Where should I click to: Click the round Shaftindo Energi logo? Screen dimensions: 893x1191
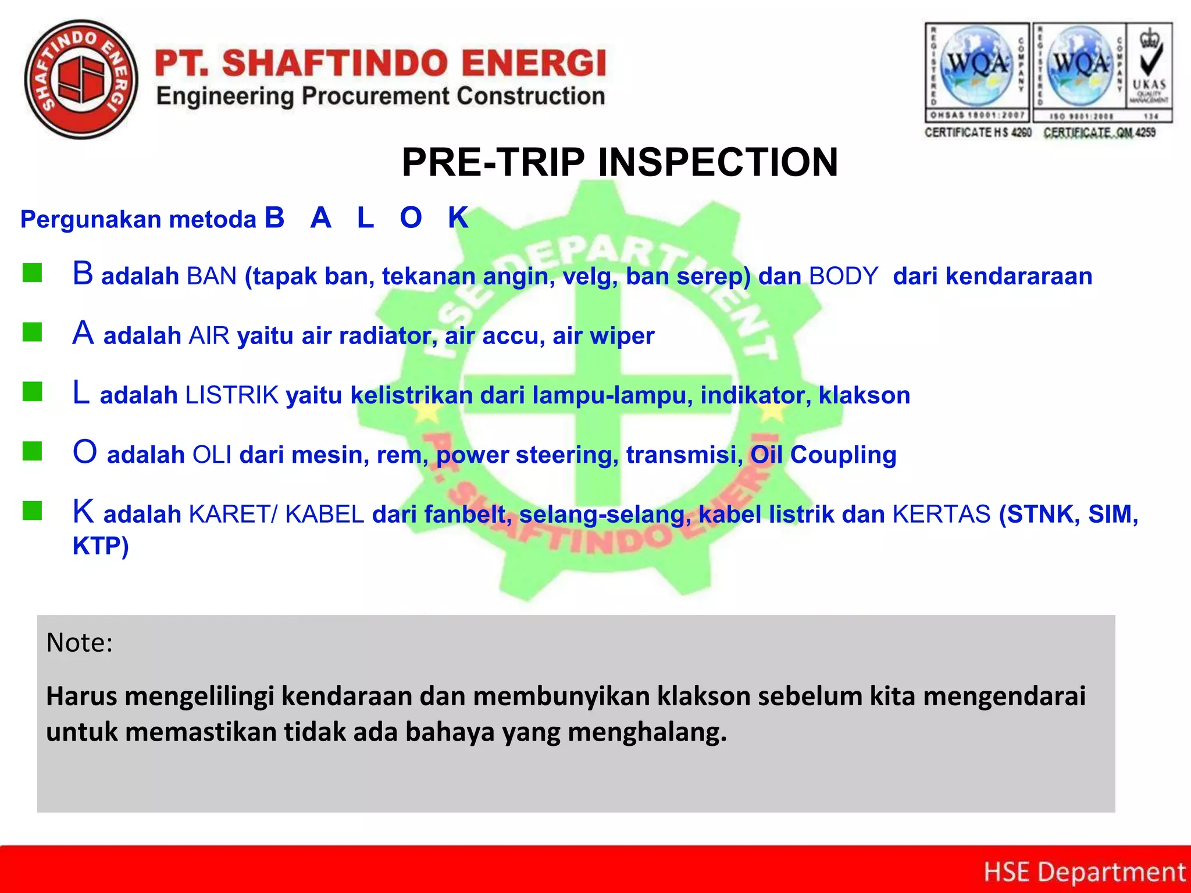pyautogui.click(x=81, y=80)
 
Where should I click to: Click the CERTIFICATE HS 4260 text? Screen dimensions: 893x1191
pyautogui.click(x=978, y=133)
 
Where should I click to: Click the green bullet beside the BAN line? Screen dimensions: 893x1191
pyautogui.click(x=33, y=273)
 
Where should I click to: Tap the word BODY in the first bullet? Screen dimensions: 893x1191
pyautogui.click(x=843, y=276)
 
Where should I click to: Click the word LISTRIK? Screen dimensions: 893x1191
pyautogui.click(x=232, y=395)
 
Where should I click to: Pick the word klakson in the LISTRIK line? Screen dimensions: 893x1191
pyautogui.click(x=864, y=395)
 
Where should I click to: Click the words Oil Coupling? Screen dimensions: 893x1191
pyautogui.click(x=823, y=455)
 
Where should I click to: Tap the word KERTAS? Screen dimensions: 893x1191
pyautogui.click(x=942, y=514)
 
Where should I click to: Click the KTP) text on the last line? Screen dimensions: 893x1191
pyautogui.click(x=100, y=546)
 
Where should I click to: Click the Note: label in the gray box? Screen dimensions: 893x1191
pyautogui.click(x=79, y=642)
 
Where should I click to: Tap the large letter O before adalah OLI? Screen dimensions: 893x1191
pyautogui.click(x=85, y=452)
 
